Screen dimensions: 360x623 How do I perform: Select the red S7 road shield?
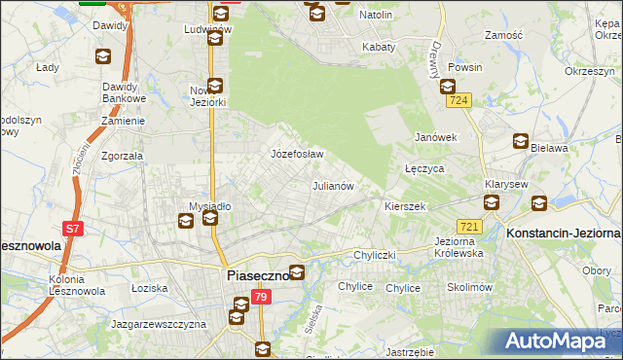click(72, 229)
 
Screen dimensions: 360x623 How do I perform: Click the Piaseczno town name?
click(257, 275)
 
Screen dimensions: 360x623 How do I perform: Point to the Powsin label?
click(466, 68)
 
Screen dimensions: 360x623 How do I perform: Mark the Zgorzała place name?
click(122, 155)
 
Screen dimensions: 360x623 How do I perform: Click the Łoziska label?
click(150, 288)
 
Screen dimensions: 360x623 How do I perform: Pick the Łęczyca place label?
click(424, 168)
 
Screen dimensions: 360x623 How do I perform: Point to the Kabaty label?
click(378, 47)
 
